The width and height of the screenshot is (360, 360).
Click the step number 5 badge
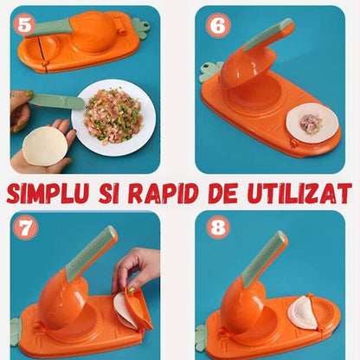(26, 24)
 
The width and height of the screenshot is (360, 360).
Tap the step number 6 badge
(216, 26)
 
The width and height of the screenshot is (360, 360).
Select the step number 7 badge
(26, 228)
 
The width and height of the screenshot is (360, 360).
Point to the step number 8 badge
(216, 228)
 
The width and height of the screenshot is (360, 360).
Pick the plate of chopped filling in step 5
(113, 116)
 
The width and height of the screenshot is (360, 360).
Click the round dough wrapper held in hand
(44, 145)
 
